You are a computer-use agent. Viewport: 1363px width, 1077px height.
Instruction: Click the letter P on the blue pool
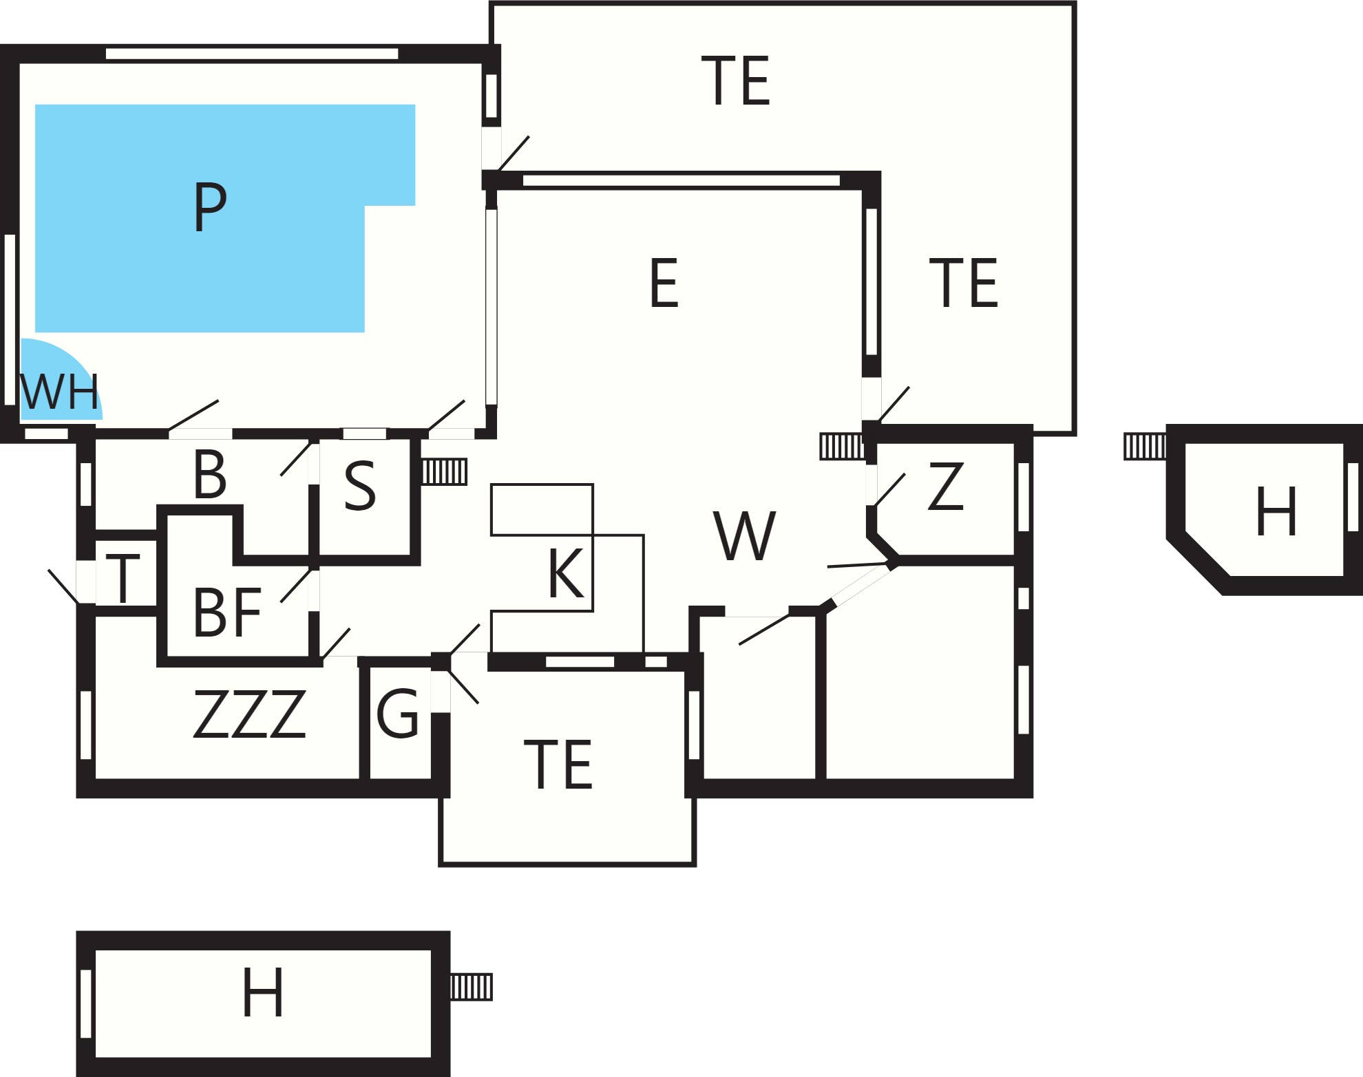(210, 206)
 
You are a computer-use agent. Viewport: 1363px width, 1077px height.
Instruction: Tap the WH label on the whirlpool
(60, 392)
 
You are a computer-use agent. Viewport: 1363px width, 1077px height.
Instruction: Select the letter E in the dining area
(664, 282)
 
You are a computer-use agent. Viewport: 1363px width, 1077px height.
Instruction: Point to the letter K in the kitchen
(566, 573)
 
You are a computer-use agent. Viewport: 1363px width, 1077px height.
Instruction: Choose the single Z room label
(946, 486)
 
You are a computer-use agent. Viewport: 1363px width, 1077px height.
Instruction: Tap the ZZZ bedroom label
(249, 714)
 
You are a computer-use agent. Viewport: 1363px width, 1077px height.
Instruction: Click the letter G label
(398, 714)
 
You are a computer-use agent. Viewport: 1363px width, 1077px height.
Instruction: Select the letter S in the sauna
(360, 486)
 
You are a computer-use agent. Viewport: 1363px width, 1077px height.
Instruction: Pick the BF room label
(227, 612)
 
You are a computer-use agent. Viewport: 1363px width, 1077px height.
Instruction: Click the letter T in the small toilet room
(123, 579)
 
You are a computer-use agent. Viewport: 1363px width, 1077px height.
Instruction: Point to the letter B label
(210, 474)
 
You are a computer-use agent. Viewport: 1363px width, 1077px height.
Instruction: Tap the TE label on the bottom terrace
(558, 765)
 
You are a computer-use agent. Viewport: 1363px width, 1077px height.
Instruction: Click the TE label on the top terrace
(735, 81)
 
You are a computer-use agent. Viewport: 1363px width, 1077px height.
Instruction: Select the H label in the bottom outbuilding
(263, 992)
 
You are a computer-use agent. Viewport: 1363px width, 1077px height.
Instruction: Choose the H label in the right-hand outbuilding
(1277, 511)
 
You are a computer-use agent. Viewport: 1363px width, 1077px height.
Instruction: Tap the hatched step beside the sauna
(445, 472)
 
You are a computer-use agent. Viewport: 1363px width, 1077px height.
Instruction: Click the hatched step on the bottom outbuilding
(472, 987)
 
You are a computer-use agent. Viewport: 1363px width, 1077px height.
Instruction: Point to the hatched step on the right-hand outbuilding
(1145, 446)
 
